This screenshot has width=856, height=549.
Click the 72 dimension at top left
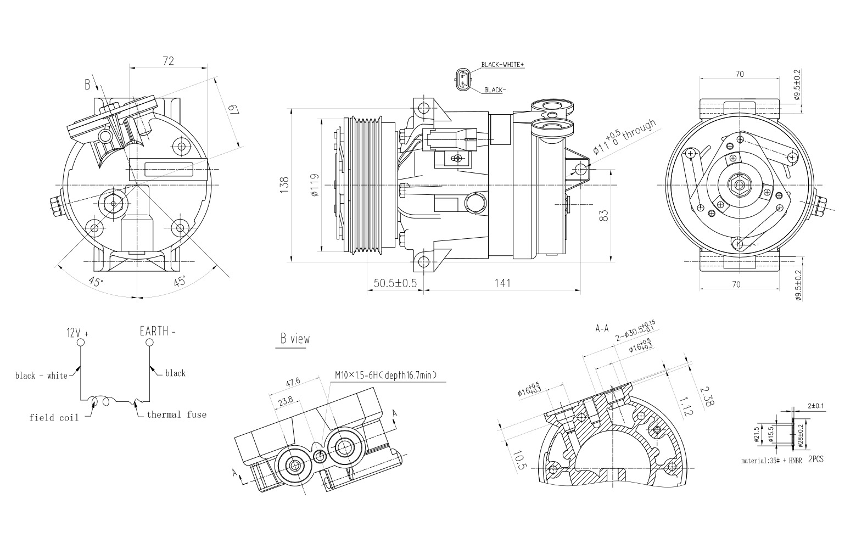[168, 61]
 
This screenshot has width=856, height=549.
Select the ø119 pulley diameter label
[315, 185]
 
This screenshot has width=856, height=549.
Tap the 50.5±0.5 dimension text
[395, 283]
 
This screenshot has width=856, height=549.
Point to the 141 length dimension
[502, 283]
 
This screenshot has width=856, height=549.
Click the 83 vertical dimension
[604, 215]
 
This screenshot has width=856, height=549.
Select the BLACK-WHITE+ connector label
[502, 65]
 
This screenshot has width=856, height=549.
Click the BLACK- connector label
[495, 90]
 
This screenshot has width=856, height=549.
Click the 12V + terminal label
[77, 333]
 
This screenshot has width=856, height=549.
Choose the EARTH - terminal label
[158, 332]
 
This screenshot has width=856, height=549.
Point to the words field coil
[54, 418]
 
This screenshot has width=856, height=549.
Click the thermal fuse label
[176, 414]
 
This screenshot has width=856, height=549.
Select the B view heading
[295, 339]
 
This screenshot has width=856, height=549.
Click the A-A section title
[602, 329]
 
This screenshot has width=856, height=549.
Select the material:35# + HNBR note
[771, 461]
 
